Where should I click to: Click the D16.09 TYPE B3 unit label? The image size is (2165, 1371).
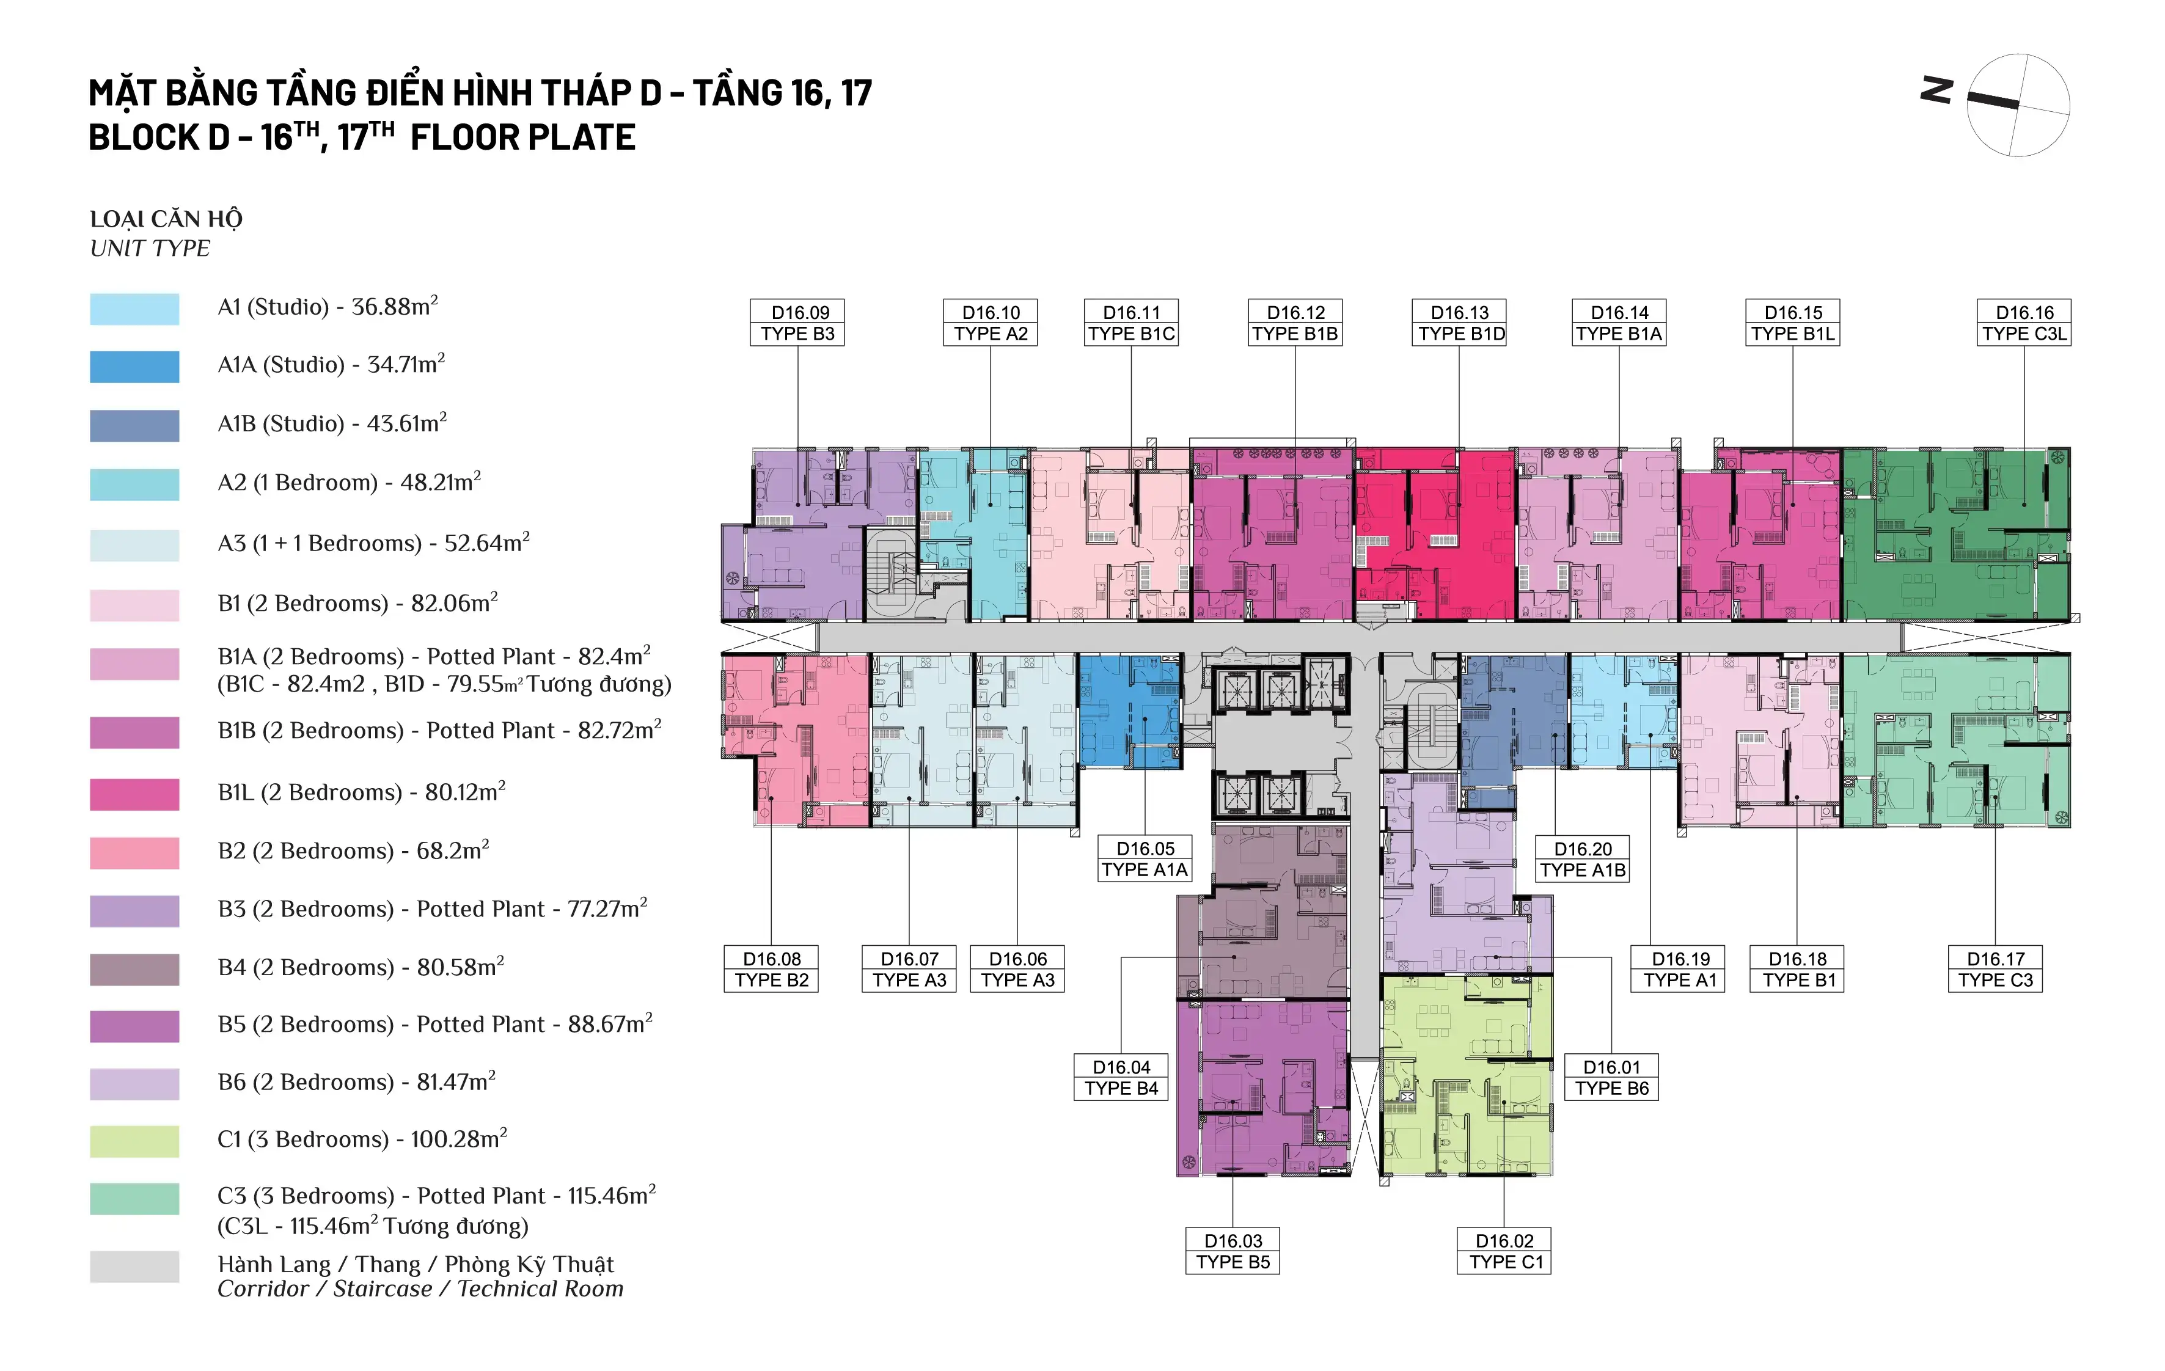click(797, 323)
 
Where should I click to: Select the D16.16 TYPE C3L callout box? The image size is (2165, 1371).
click(2024, 323)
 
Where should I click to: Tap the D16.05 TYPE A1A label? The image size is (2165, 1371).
click(1145, 858)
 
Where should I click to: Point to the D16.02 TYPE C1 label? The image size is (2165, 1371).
click(1504, 1251)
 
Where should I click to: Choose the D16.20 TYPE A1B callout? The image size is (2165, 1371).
click(1583, 858)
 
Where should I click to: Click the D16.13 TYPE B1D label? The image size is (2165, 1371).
click(1460, 323)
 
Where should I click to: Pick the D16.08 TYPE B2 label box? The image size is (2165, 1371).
click(771, 969)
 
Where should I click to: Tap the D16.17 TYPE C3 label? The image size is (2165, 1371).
click(1995, 969)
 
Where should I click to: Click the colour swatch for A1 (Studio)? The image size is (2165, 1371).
click(135, 309)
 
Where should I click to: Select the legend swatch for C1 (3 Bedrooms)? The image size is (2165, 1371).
click(135, 1141)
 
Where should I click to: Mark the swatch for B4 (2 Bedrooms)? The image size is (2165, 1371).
click(135, 969)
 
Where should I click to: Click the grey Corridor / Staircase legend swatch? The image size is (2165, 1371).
click(135, 1267)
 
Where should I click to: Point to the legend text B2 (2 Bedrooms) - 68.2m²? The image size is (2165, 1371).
click(353, 850)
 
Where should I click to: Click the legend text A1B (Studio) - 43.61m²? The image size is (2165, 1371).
click(332, 423)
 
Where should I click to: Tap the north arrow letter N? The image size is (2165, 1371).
click(1936, 91)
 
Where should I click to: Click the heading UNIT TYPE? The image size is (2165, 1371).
click(150, 248)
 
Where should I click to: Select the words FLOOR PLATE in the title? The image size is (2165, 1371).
click(523, 137)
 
